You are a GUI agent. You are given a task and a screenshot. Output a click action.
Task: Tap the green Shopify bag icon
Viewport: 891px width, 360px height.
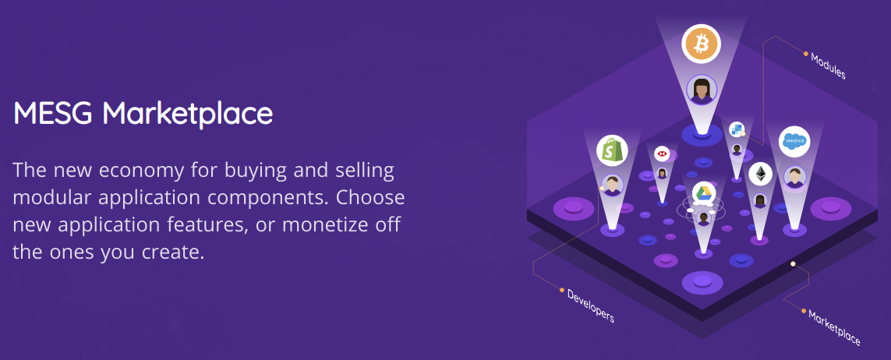point(612,150)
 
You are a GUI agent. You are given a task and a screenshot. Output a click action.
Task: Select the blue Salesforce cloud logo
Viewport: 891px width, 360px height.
point(794,141)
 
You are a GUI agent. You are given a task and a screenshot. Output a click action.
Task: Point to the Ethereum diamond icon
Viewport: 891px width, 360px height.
point(760,175)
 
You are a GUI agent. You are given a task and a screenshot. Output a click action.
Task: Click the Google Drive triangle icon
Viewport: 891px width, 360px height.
point(703,193)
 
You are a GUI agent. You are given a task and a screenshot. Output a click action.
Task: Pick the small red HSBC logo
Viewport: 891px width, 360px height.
point(662,154)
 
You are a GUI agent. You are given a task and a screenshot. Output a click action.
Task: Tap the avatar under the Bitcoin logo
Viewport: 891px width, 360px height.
point(702,90)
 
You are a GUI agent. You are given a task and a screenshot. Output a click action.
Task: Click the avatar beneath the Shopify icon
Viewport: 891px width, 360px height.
point(612,185)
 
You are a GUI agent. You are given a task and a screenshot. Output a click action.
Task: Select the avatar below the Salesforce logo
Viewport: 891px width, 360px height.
point(794,177)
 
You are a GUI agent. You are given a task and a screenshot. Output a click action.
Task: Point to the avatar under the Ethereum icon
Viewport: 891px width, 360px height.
point(760,200)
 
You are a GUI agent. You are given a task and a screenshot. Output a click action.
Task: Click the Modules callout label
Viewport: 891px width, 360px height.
point(828,66)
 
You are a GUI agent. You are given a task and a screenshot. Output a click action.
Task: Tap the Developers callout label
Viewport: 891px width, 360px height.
point(590,306)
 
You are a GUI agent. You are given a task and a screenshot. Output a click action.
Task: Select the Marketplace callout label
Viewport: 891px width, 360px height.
point(834,328)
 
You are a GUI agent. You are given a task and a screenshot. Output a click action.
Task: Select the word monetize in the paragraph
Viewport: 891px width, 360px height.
point(328,224)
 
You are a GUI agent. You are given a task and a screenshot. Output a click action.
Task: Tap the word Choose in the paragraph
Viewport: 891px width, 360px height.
point(370,197)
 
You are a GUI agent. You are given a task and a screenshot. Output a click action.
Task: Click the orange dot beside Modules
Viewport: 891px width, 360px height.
point(806,54)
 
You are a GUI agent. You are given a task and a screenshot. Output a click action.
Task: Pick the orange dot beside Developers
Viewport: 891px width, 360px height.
point(562,291)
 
